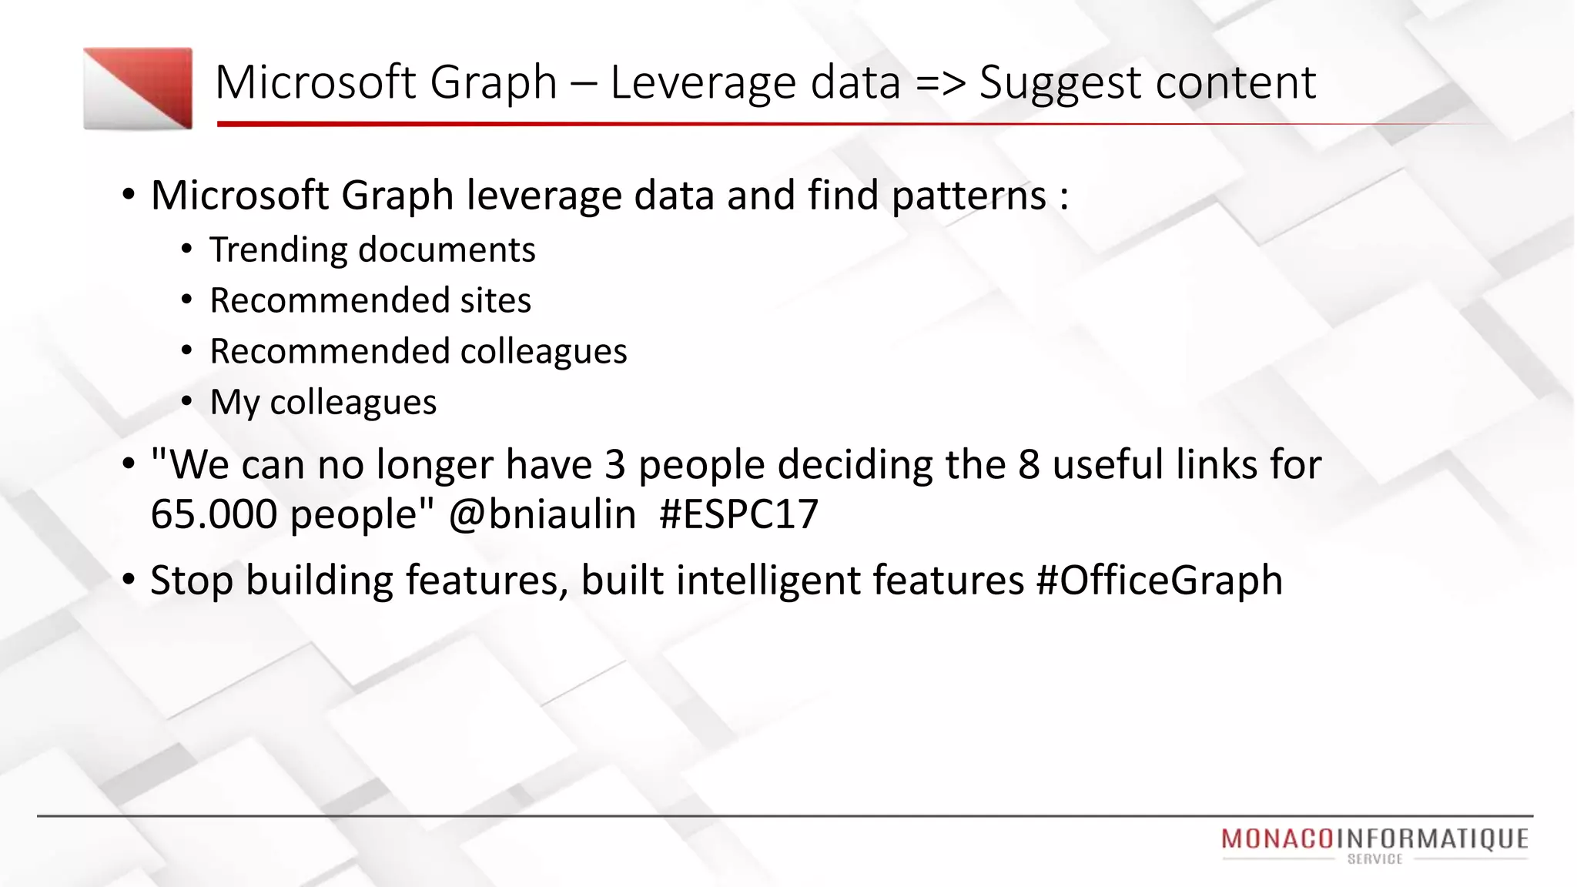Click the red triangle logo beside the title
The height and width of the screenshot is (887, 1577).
pyautogui.click(x=139, y=88)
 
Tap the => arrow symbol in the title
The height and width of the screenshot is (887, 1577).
pyautogui.click(x=940, y=82)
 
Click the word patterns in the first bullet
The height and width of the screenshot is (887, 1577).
pyautogui.click(x=969, y=196)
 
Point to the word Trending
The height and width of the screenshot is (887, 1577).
pyautogui.click(x=278, y=250)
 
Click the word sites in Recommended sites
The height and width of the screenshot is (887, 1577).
pyautogui.click(x=495, y=300)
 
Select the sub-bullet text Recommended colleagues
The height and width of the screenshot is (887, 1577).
pyautogui.click(x=418, y=352)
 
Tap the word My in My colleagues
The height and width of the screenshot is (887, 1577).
pyautogui.click(x=234, y=403)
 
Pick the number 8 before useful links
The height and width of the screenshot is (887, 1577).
pyautogui.click(x=1029, y=465)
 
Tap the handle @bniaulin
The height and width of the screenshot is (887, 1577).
pyautogui.click(x=542, y=514)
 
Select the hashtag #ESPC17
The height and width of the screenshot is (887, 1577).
pyautogui.click(x=738, y=514)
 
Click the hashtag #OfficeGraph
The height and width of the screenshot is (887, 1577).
pyautogui.click(x=1159, y=581)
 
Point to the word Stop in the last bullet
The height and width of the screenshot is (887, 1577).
pyautogui.click(x=192, y=581)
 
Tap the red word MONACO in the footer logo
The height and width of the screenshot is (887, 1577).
pyautogui.click(x=1277, y=838)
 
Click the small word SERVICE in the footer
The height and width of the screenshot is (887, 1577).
pyautogui.click(x=1374, y=859)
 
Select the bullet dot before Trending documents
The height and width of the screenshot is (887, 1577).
pyautogui.click(x=187, y=250)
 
